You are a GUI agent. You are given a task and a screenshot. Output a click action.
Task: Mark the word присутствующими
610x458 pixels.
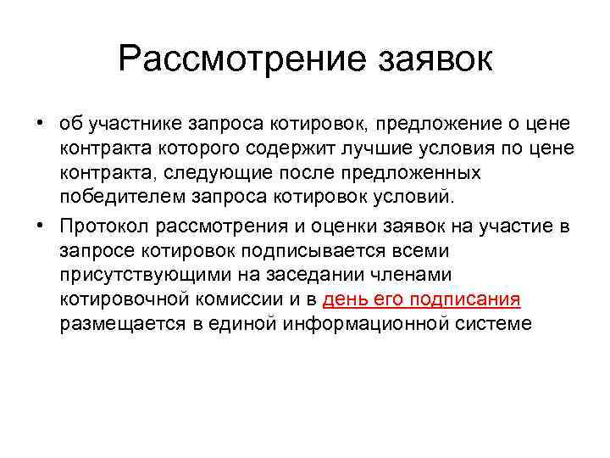[x=135, y=276]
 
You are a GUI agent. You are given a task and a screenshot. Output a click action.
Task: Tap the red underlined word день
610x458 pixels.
[x=345, y=300]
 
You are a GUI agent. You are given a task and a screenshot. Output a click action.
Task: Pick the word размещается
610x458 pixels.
[x=113, y=324]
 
